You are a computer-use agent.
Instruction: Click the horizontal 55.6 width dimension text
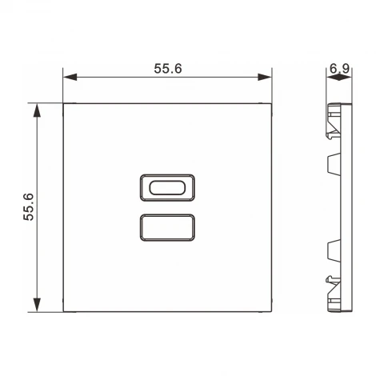pyautogui.click(x=168, y=69)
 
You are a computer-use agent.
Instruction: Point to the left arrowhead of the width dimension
pyautogui.click(x=68, y=78)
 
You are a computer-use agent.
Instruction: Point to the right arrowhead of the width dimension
pyautogui.click(x=268, y=78)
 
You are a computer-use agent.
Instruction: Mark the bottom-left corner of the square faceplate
pyautogui.click(x=63, y=312)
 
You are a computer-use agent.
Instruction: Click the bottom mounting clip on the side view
pyautogui.click(x=331, y=288)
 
